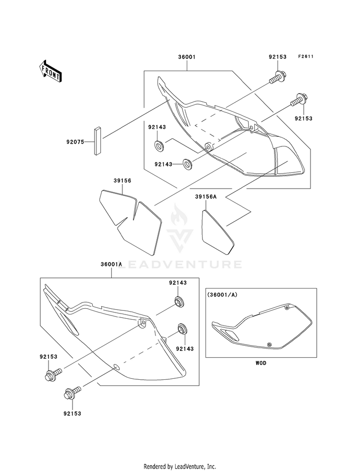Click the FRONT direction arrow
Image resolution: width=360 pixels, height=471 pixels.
tap(50, 71)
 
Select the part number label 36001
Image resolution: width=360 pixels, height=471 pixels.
tap(187, 57)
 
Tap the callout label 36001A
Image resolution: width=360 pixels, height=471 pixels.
tap(111, 264)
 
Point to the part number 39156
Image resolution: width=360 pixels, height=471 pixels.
tap(122, 181)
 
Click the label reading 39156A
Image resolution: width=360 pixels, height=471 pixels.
tap(205, 196)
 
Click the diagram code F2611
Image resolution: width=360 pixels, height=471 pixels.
tap(306, 56)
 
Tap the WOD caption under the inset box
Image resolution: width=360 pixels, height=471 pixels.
tap(261, 363)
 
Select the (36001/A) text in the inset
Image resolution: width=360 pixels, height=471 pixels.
tap(222, 295)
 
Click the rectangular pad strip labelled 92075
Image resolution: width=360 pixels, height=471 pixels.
tap(97, 141)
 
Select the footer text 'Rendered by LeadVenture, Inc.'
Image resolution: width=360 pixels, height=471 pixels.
tap(180, 467)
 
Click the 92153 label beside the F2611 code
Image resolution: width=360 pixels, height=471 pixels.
tap(277, 57)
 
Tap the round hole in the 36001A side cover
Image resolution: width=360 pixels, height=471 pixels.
tap(116, 367)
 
